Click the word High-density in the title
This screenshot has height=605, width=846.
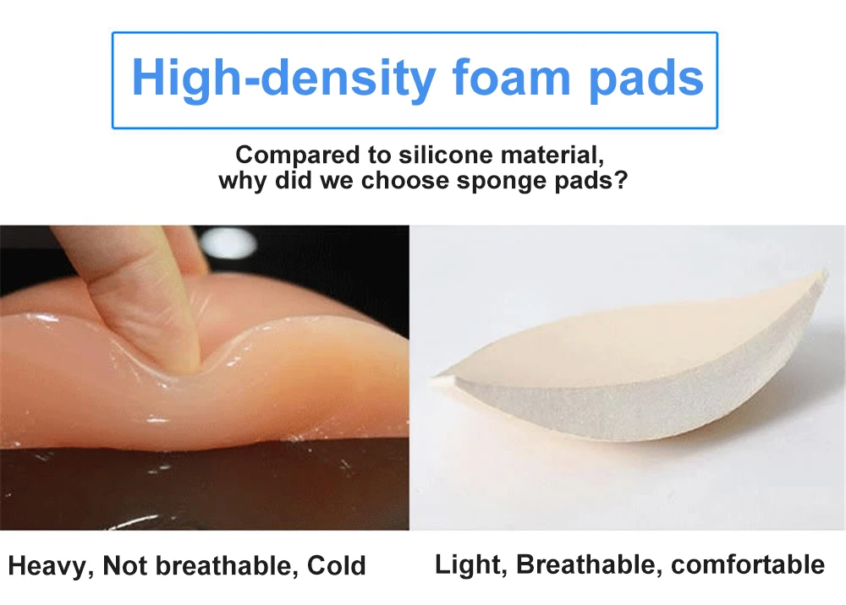283,78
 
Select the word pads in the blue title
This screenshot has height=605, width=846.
645,79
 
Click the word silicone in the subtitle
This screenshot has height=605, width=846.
445,155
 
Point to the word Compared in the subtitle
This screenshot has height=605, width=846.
298,155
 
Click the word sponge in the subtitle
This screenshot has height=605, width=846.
491,181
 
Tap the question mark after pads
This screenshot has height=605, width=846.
622,180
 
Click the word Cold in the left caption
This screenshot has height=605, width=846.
337,565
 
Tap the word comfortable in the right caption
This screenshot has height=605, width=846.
748,564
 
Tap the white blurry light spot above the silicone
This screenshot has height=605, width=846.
228,243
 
